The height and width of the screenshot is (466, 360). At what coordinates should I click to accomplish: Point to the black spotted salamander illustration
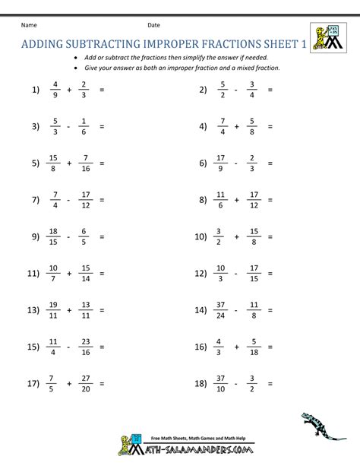319,427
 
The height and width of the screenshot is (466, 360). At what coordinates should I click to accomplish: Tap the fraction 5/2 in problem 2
223,89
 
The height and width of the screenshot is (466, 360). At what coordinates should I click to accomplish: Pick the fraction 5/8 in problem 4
251,126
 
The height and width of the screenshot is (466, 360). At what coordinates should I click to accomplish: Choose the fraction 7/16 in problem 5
85,163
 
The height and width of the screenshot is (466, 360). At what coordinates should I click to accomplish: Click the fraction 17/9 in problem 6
221,163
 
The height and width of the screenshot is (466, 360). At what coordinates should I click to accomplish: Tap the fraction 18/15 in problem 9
52,236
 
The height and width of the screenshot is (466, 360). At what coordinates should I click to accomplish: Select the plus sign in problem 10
236,236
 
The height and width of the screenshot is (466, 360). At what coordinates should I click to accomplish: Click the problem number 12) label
201,273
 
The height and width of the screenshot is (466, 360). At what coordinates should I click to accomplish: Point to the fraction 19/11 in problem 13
53,310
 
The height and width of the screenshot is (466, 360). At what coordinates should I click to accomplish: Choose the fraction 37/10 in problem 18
220,384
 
